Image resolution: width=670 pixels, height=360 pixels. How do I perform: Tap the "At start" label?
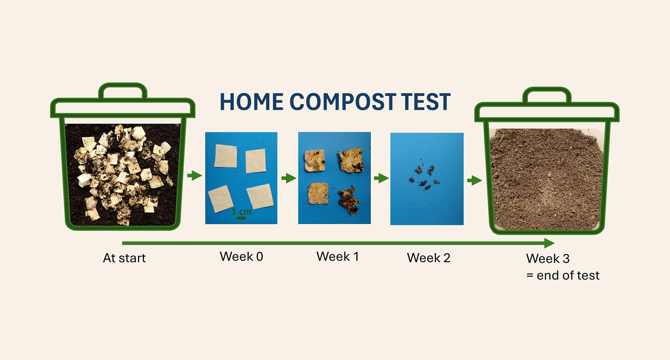pos(124,258)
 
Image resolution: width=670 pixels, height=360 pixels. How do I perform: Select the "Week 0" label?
pos(241,257)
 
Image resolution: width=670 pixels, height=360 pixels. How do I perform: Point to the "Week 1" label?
pos(337,257)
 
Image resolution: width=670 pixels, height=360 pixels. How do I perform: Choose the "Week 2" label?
pos(429,258)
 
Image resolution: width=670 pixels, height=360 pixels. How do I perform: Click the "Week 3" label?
pos(548,259)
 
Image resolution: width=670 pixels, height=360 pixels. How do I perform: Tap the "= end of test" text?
pos(563,275)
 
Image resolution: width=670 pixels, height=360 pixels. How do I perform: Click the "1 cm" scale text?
pos(241,212)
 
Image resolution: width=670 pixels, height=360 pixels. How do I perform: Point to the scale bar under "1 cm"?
pos(241,218)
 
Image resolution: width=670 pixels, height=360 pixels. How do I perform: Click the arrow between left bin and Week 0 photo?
pos(195,175)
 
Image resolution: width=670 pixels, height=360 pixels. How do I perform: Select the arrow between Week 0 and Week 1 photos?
pos(289,178)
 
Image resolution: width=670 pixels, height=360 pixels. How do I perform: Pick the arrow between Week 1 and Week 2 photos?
pos(381,178)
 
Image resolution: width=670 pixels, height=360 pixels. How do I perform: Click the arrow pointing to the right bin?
pos(475,181)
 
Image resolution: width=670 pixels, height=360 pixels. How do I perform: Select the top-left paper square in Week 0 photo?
pos(226,156)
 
